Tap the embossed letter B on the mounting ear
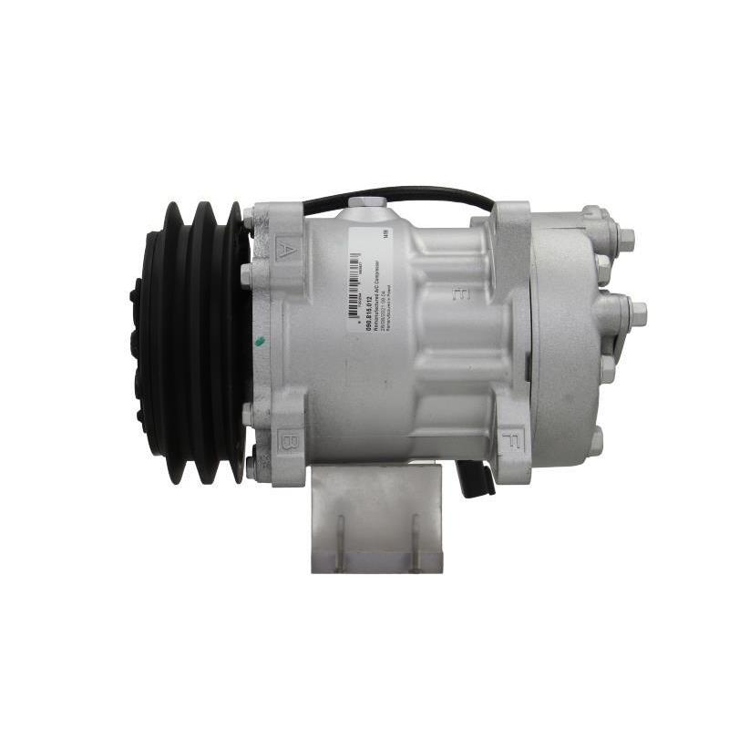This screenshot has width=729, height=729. (x=288, y=442)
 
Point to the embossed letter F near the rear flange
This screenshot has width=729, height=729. (x=510, y=445)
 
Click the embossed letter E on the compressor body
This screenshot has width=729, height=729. (x=462, y=293)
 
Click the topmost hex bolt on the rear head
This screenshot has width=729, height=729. (x=625, y=239)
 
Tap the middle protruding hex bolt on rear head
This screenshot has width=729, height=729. (x=636, y=313)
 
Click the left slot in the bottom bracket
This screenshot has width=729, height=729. (x=339, y=542)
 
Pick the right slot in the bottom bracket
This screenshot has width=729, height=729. (x=415, y=542)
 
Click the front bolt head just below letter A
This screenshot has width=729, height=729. (x=247, y=274)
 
